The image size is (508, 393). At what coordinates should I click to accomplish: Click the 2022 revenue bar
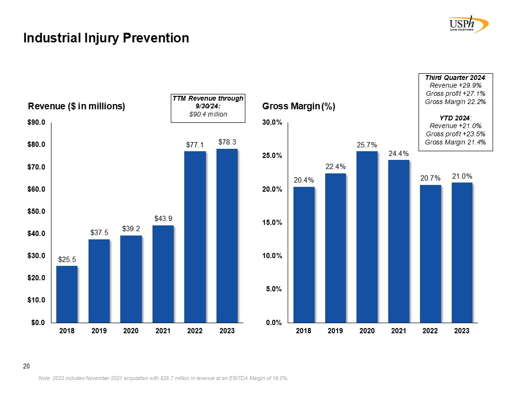195,237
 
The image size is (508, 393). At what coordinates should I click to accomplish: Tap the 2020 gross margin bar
367,237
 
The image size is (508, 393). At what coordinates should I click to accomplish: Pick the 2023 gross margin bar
461,252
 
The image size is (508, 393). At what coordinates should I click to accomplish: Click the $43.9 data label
163,219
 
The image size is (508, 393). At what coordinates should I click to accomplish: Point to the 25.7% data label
367,144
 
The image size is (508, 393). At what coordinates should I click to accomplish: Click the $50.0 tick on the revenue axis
37,211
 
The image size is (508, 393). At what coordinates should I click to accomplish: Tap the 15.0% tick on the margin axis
272,223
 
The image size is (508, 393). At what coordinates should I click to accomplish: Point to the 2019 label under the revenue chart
99,331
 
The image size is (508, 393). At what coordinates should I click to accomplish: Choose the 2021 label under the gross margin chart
398,331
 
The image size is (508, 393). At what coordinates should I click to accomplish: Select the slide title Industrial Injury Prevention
106,38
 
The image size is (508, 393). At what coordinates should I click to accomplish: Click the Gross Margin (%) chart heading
298,106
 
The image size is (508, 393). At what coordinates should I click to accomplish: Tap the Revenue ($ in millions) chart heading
76,106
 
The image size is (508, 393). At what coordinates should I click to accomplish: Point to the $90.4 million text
208,114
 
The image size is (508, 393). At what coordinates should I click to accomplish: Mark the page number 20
27,367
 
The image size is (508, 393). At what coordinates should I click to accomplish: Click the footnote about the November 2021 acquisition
163,379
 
